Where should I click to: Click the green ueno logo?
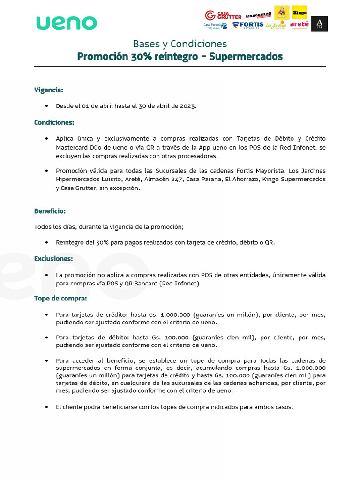click(x=67, y=22)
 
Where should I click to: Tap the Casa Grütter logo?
click(x=223, y=15)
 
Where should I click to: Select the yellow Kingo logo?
click(x=300, y=12)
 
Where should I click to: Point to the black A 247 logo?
click(x=320, y=24)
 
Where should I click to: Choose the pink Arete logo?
click(x=299, y=25)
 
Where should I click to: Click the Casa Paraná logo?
click(x=215, y=25)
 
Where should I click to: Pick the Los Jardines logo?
click(x=276, y=25)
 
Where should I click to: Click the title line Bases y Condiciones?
click(x=180, y=44)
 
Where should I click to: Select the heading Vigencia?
click(x=48, y=90)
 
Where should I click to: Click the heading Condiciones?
click(x=54, y=122)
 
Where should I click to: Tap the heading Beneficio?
click(x=50, y=211)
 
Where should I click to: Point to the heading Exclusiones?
click(x=53, y=258)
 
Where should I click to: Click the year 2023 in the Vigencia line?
click(x=187, y=106)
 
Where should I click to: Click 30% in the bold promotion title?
click(x=139, y=57)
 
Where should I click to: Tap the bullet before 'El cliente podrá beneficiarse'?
click(x=46, y=407)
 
